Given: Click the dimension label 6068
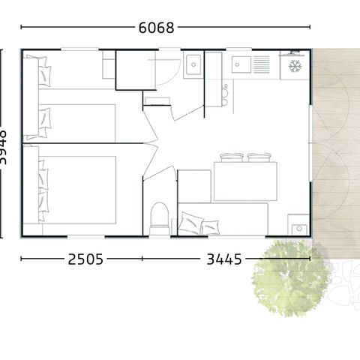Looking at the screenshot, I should point(157,28).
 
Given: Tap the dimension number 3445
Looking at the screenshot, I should point(223,259).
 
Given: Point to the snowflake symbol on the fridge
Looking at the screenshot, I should point(295,66).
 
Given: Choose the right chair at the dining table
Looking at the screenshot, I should point(259,157).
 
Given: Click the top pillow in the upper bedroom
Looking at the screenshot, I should point(45,73).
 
